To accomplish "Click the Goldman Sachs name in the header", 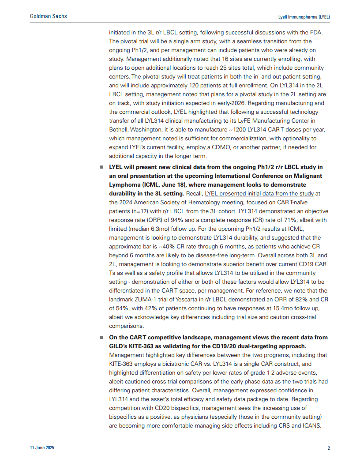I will [49, 16].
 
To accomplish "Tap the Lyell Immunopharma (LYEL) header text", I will [304, 17].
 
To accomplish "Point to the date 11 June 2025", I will [42, 448].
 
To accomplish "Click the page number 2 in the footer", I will [329, 448].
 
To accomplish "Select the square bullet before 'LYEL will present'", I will [101, 167].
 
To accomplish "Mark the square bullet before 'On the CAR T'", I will [101, 338].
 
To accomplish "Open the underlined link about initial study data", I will [259, 193].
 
